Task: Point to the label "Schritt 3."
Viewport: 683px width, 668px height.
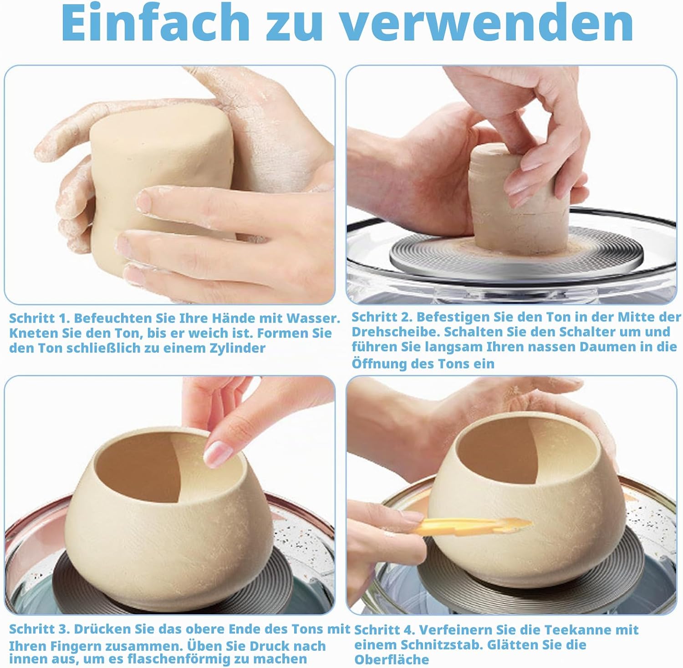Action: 40,629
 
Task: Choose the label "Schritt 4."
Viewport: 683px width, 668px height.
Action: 384,630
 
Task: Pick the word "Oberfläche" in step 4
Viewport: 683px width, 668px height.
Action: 392,659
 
